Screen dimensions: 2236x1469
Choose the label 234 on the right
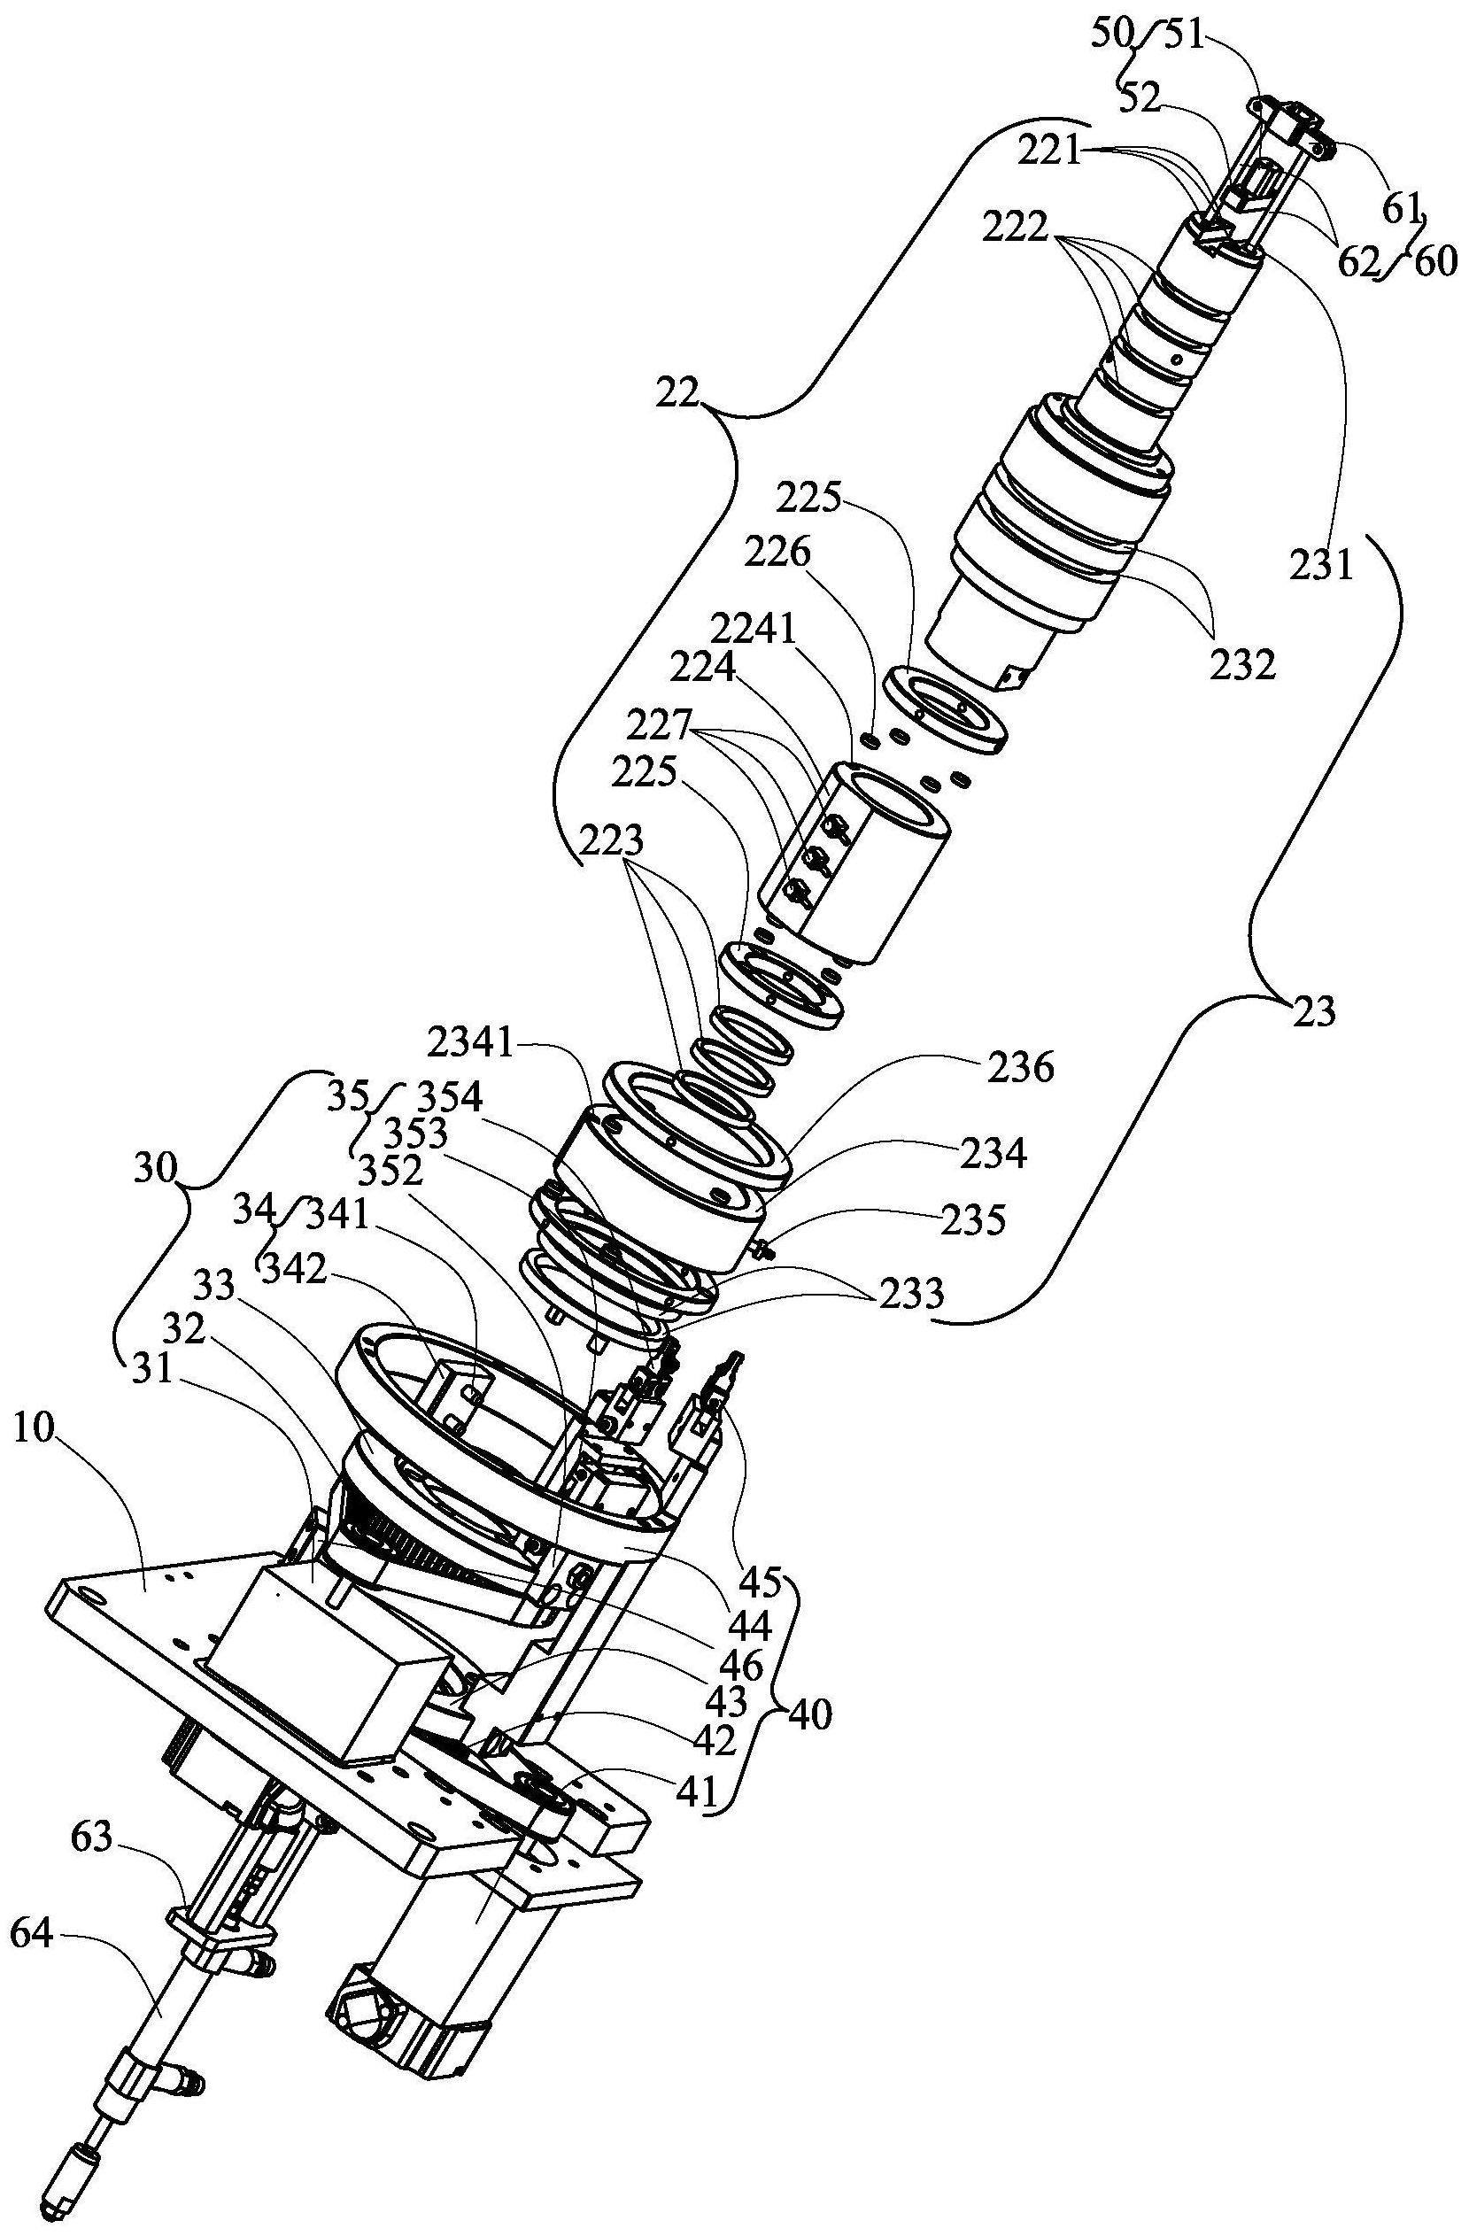click(x=994, y=1152)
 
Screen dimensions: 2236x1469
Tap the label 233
click(x=912, y=1294)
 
